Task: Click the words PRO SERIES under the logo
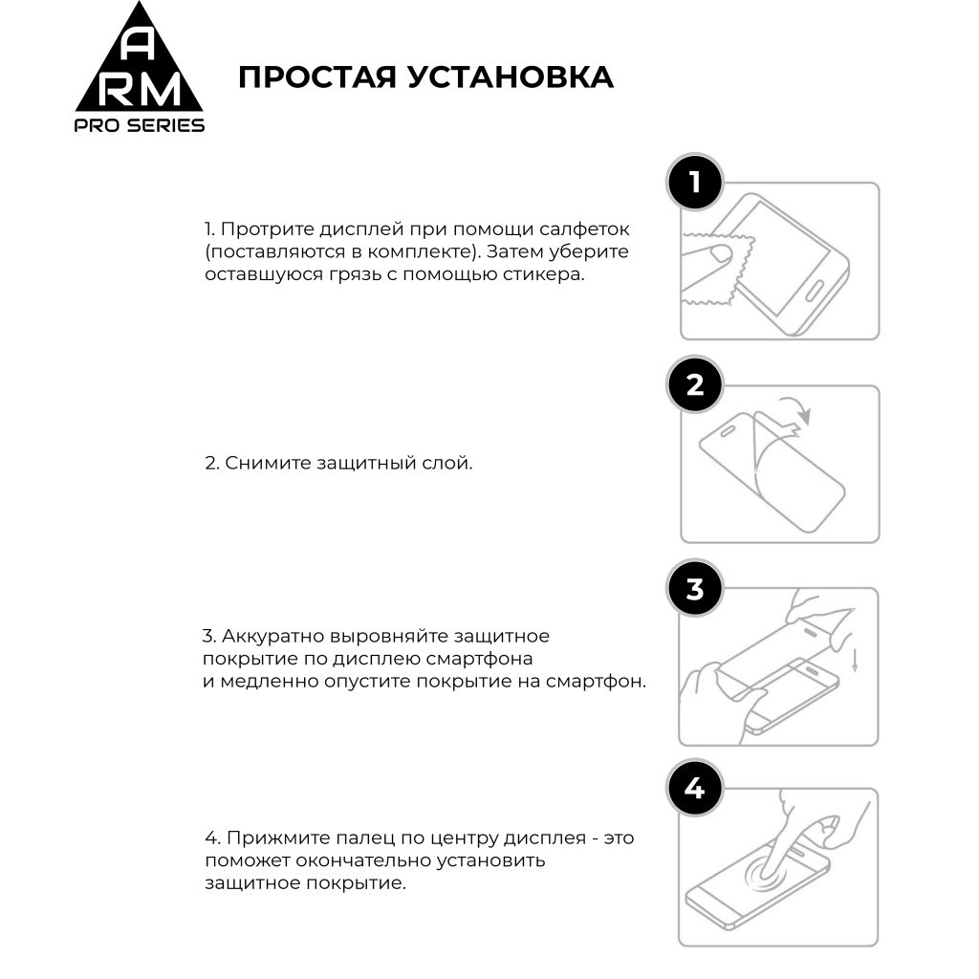pyautogui.click(x=139, y=125)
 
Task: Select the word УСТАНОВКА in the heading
pyautogui.click(x=510, y=77)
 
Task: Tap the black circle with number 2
pyautogui.click(x=694, y=384)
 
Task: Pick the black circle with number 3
pyautogui.click(x=694, y=588)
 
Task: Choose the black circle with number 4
pyautogui.click(x=694, y=789)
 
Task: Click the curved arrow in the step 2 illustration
pyautogui.click(x=794, y=409)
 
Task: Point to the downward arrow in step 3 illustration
pyautogui.click(x=853, y=659)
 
